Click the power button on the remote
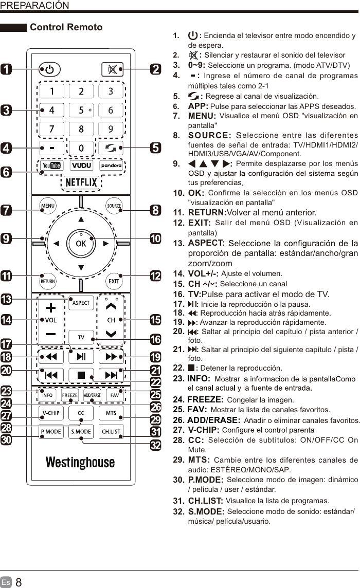[49, 69]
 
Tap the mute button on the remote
[112, 69]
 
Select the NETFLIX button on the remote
[81, 182]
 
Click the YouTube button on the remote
[51, 166]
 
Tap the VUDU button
[81, 166]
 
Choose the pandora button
[111, 166]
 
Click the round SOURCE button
[114, 206]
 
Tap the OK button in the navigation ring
[81, 244]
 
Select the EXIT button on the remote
[114, 281]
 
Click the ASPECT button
[81, 303]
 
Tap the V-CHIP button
[51, 413]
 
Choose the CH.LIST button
[111, 432]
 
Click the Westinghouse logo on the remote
[80, 463]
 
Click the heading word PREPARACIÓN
[34, 6]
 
